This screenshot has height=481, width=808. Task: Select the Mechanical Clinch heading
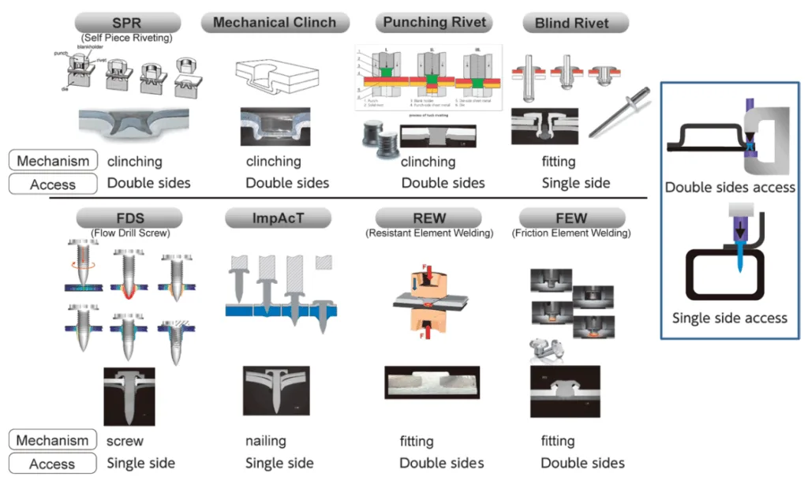coord(274,22)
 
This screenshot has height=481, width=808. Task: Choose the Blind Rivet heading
coord(571,23)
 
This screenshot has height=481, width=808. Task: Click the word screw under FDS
coord(125,441)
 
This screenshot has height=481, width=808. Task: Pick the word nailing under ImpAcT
coord(266,441)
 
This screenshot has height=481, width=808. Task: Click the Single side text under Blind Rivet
coord(576,183)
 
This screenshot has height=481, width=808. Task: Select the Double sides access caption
coord(730,188)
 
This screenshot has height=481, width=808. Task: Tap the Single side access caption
coord(730,319)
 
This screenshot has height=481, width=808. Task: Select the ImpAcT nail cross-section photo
coord(274,390)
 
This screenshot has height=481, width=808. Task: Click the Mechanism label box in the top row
coord(54,161)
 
